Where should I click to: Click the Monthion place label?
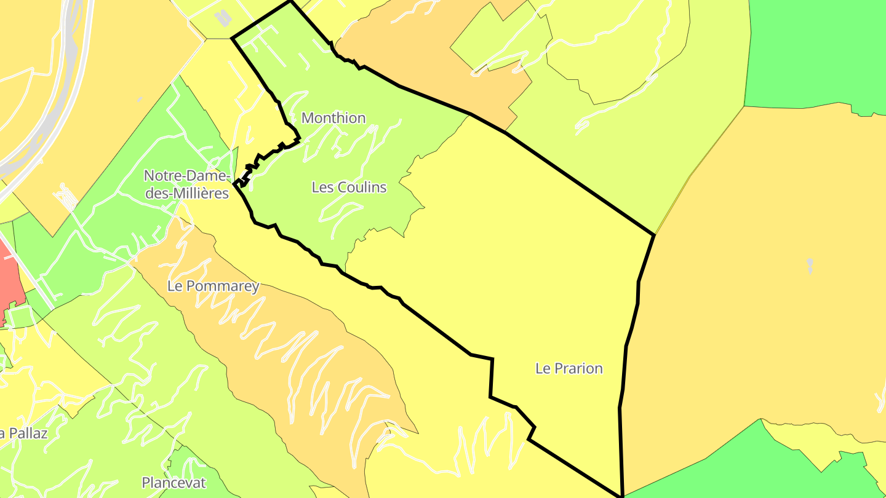pyautogui.click(x=333, y=118)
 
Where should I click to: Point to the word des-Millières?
pyautogui.click(x=186, y=193)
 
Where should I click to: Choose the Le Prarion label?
pyautogui.click(x=569, y=369)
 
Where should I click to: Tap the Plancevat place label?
pyautogui.click(x=174, y=483)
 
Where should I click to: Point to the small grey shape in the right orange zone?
pyautogui.click(x=810, y=266)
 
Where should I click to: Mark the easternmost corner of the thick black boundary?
pyautogui.click(x=653, y=235)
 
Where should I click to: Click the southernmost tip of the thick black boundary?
pyautogui.click(x=622, y=496)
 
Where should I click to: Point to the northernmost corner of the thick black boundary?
pyautogui.click(x=290, y=1)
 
